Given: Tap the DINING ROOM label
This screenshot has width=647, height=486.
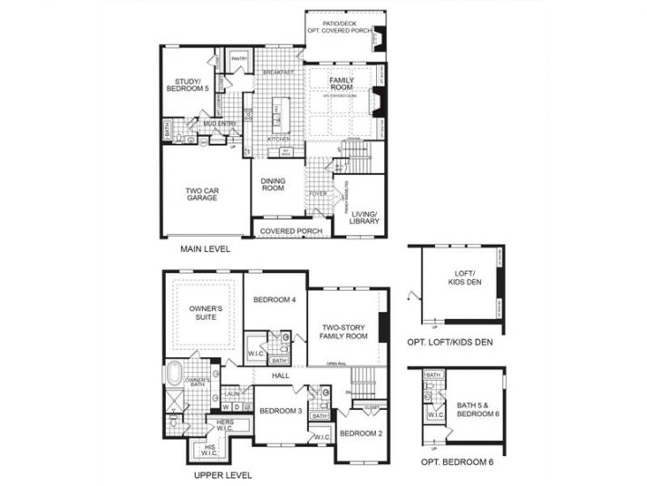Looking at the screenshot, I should click(x=273, y=184).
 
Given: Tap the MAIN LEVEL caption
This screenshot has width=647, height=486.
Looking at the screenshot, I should click(x=205, y=248).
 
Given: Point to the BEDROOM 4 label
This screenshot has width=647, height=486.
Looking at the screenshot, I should click(x=274, y=300).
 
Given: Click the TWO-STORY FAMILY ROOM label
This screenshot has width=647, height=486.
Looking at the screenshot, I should click(x=343, y=331).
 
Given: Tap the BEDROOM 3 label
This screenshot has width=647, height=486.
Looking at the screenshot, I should click(x=280, y=411).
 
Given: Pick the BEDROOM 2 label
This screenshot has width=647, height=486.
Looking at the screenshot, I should click(x=360, y=433).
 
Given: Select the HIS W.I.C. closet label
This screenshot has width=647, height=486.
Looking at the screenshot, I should click(x=211, y=450).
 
